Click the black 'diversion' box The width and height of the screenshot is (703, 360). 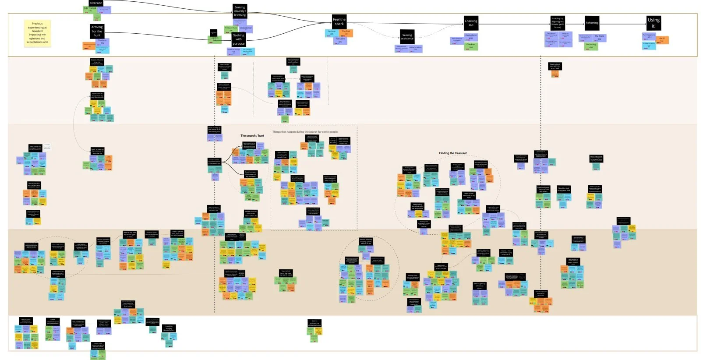[x=95, y=3]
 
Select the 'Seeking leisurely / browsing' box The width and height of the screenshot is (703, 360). [x=240, y=11]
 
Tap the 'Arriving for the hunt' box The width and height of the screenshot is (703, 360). [x=97, y=31]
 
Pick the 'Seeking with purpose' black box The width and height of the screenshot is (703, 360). [x=238, y=39]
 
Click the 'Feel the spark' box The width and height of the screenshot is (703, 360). [x=339, y=21]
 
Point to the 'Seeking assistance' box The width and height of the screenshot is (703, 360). [x=407, y=37]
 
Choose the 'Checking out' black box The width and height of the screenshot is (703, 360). [x=471, y=23]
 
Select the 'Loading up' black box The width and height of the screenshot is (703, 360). [x=558, y=23]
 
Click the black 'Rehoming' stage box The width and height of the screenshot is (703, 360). [x=592, y=23]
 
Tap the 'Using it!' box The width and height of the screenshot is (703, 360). [x=654, y=23]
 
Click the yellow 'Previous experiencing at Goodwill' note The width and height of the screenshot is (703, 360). [x=37, y=33]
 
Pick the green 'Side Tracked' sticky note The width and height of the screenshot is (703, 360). [x=90, y=9]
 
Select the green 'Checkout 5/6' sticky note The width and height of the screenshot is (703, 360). [x=471, y=46]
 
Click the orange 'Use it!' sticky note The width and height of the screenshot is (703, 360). [x=662, y=39]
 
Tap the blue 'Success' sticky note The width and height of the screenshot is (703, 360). [x=332, y=32]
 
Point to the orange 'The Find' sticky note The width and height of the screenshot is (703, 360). [x=346, y=32]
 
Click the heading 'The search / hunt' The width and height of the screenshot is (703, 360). [x=252, y=136]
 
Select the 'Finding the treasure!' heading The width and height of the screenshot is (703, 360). [x=453, y=153]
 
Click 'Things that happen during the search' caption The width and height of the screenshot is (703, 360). [x=305, y=132]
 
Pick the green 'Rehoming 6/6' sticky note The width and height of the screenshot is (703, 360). [x=591, y=46]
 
